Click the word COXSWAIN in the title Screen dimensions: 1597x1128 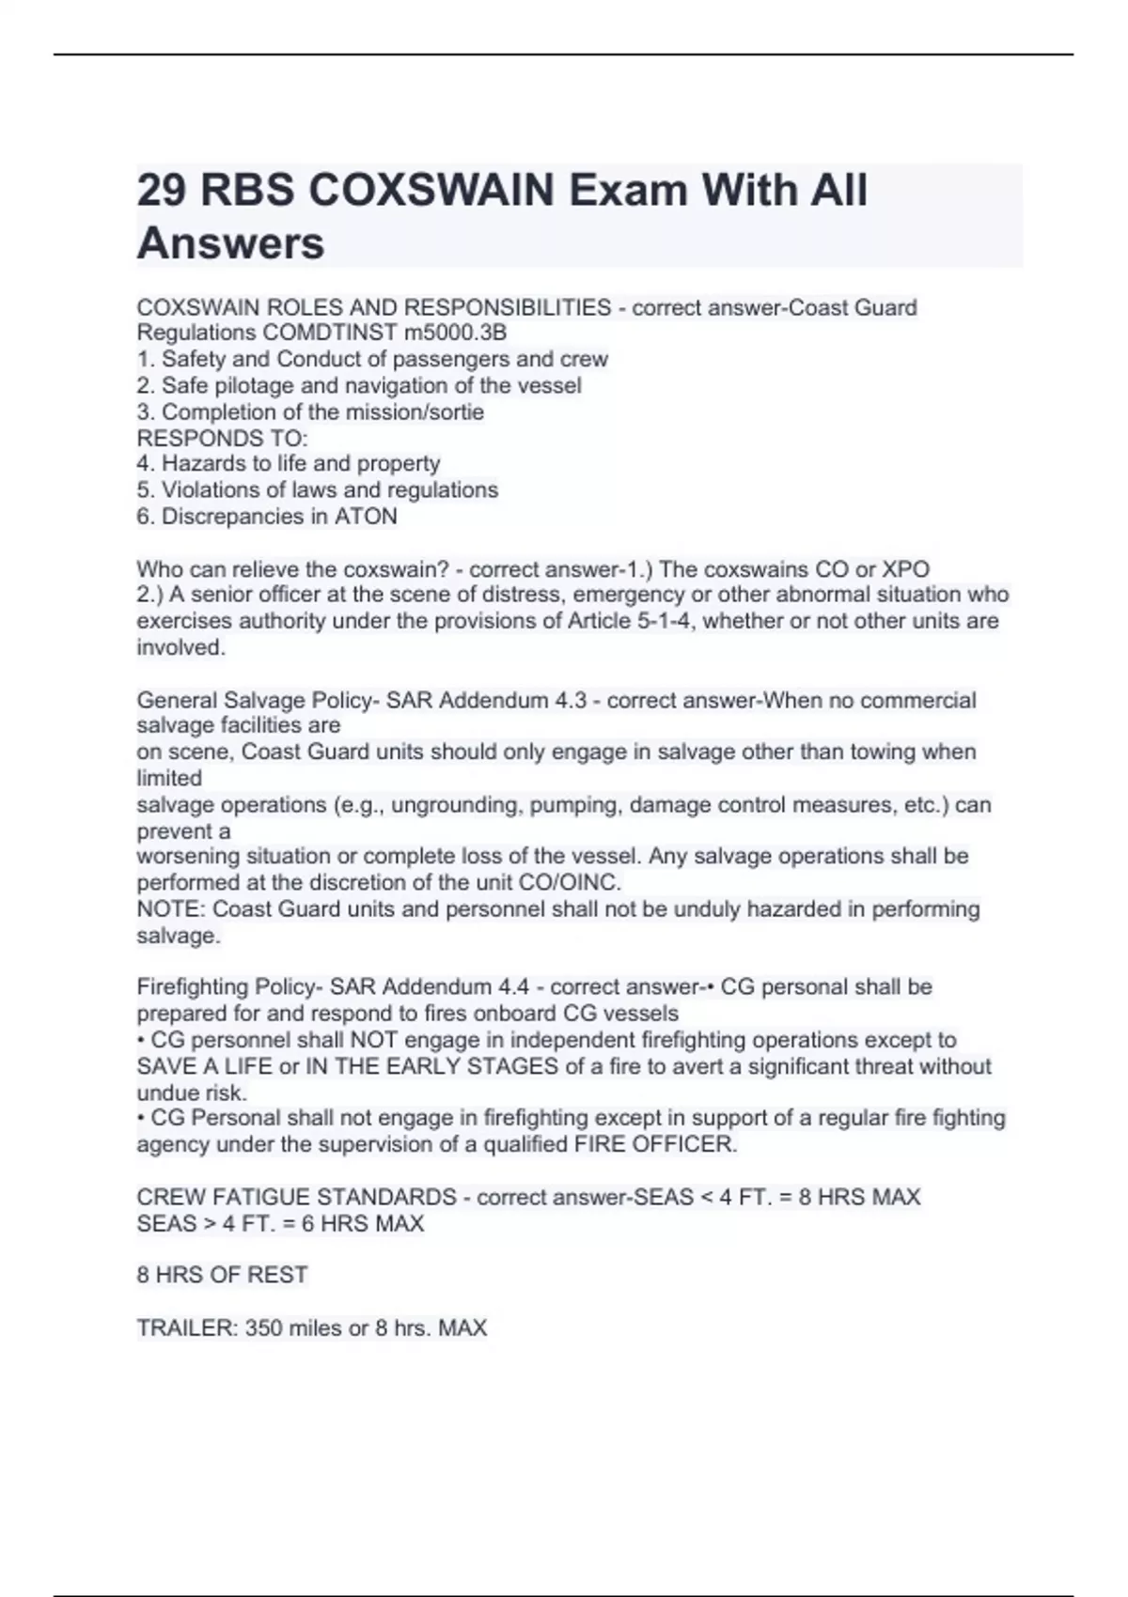tap(431, 191)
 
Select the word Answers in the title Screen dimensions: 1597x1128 tap(230, 243)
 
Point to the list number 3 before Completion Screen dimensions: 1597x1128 tap(144, 411)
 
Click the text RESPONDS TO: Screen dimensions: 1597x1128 tap(222, 439)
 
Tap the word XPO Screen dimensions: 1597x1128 tap(905, 569)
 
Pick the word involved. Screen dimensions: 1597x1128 tap(180, 647)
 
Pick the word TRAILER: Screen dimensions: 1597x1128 tap(187, 1328)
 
